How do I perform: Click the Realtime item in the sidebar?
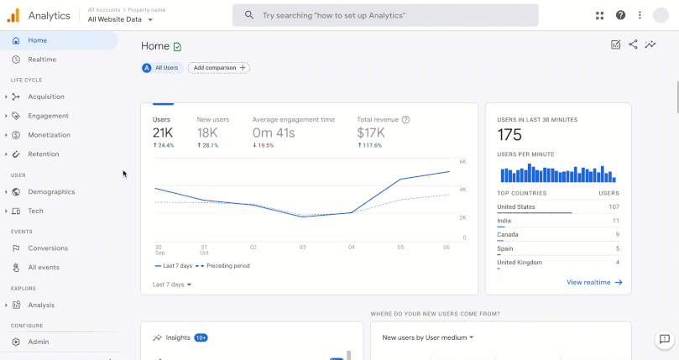point(42,60)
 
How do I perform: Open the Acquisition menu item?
point(45,97)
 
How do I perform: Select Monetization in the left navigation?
point(49,134)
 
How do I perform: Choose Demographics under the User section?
point(51,191)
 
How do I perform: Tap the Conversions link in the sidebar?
point(47,248)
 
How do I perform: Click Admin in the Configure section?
point(38,342)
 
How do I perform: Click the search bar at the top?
point(385,15)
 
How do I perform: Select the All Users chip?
point(160,67)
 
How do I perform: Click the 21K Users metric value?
point(163,133)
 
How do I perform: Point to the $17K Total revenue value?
point(371,133)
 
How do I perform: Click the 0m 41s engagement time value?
point(274,133)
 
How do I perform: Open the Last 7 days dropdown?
point(172,284)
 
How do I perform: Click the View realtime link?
point(594,283)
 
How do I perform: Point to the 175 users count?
point(509,135)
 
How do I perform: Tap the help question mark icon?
point(620,15)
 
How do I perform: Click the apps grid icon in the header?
point(600,15)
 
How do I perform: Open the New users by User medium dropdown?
point(428,337)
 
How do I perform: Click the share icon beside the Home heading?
point(633,45)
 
